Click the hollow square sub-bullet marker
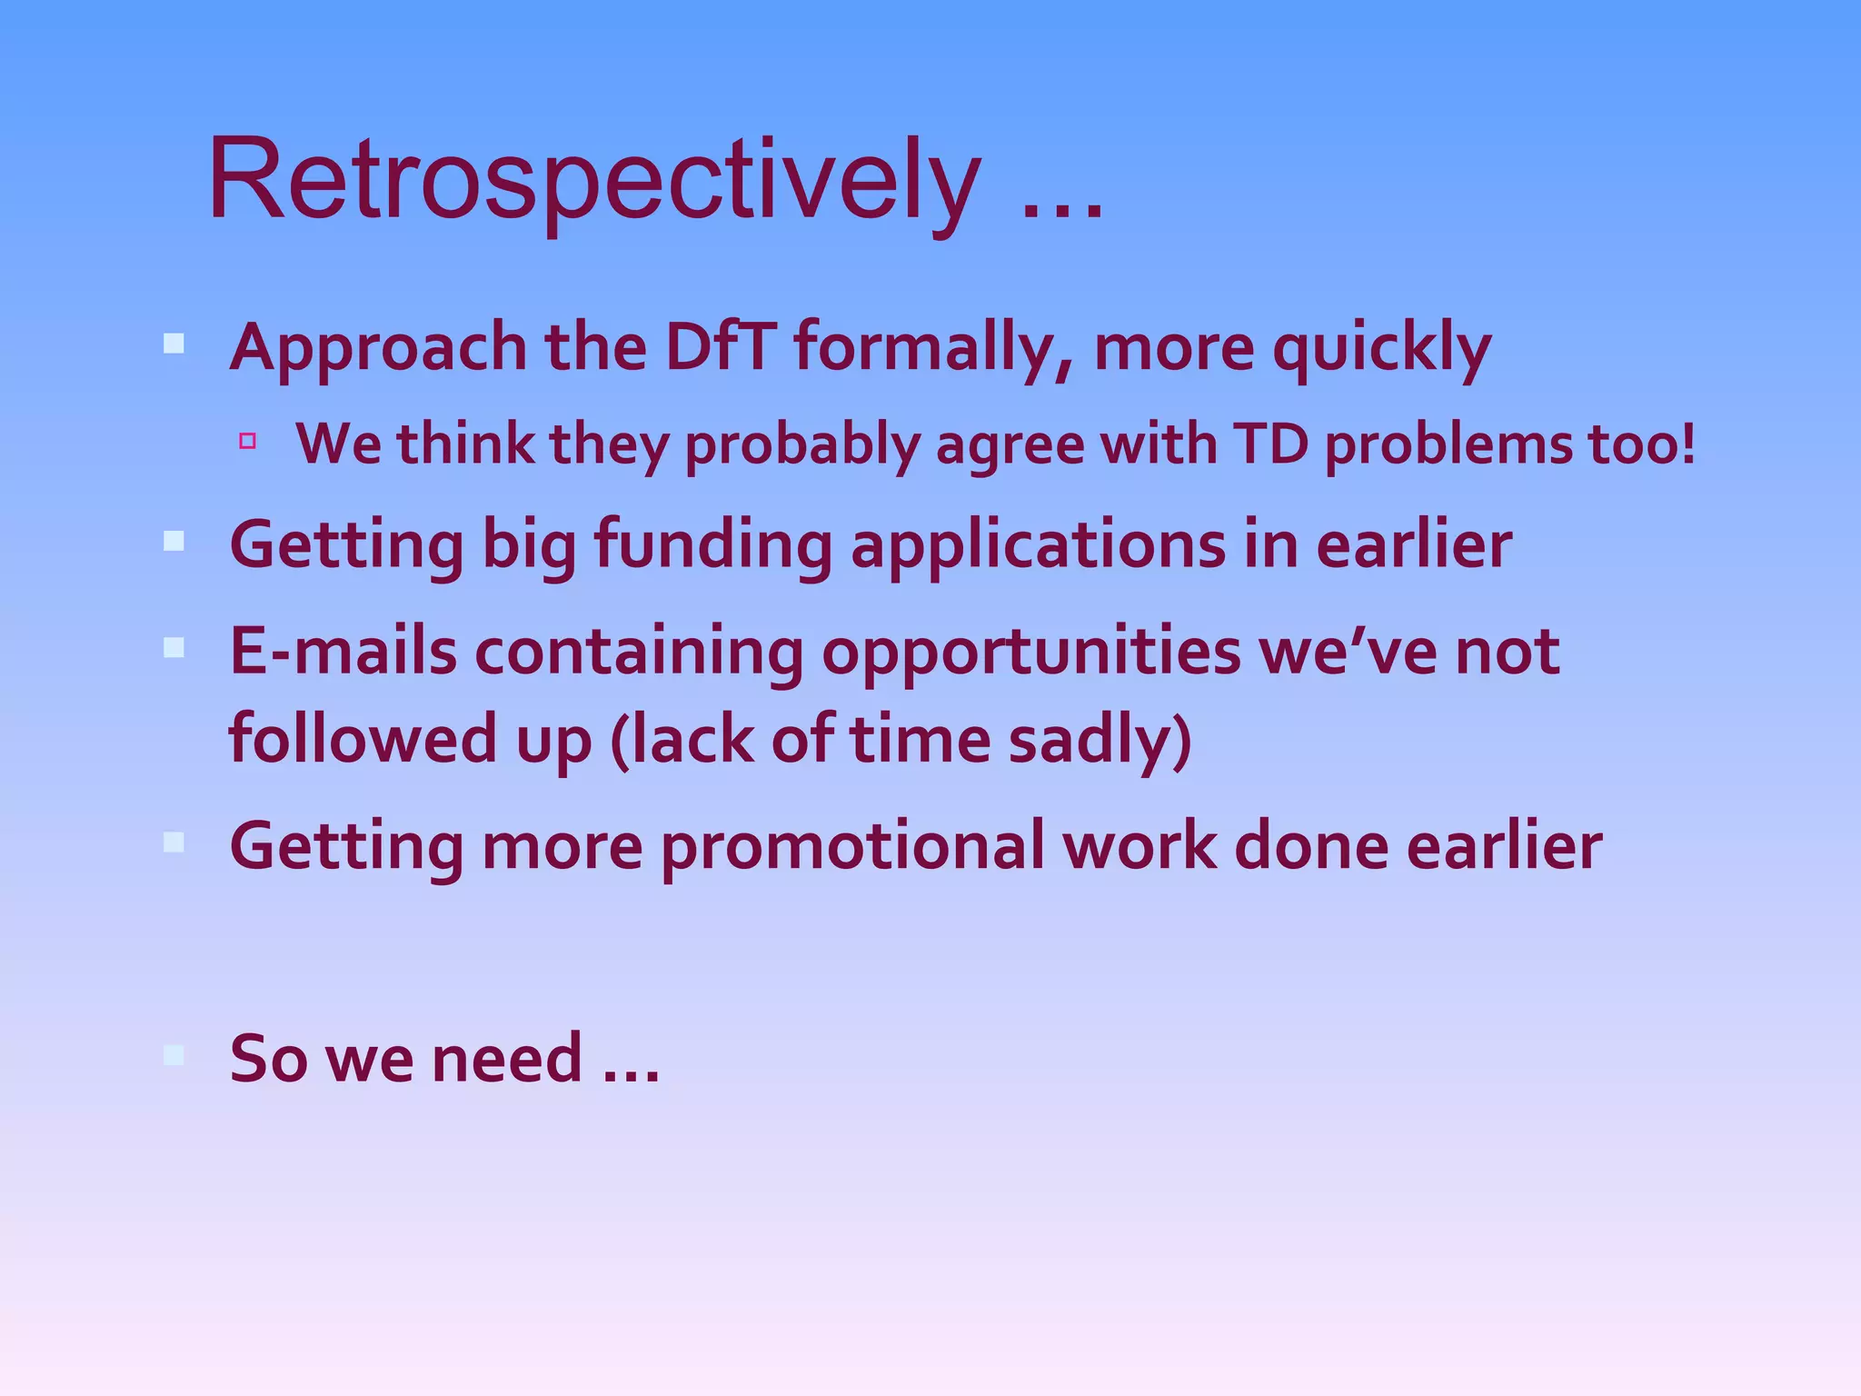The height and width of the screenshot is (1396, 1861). (x=247, y=442)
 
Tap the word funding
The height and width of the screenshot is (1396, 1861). (x=712, y=546)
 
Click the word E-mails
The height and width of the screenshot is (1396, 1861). (x=343, y=652)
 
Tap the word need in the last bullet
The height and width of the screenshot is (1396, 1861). (x=505, y=1058)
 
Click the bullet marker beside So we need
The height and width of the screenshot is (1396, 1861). (x=174, y=1054)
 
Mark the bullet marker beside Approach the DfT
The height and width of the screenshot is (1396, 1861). (x=174, y=344)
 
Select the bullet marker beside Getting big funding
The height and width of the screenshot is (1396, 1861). (x=174, y=542)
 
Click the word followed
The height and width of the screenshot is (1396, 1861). (x=363, y=738)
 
